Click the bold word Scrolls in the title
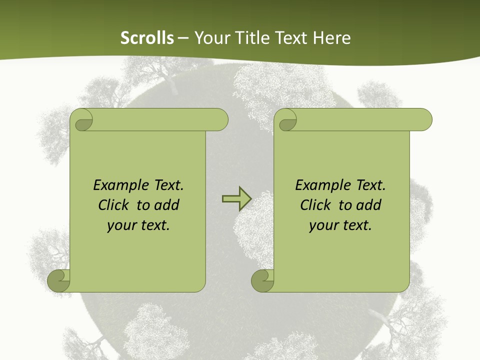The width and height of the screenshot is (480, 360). click(x=147, y=38)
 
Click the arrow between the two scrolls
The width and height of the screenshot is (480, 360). click(x=236, y=199)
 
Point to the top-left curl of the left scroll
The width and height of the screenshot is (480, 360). click(x=83, y=120)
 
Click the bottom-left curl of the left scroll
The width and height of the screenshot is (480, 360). click(x=59, y=280)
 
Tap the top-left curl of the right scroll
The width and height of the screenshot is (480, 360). click(x=287, y=120)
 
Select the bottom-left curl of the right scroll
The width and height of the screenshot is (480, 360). click(x=262, y=280)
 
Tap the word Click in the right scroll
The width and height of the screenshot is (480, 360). click(x=315, y=205)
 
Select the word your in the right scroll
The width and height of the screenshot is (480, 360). click(x=322, y=225)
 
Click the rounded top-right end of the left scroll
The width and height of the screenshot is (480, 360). click(x=219, y=120)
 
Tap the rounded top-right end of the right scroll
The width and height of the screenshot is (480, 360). click(x=423, y=120)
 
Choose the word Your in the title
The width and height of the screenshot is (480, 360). click(x=209, y=38)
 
